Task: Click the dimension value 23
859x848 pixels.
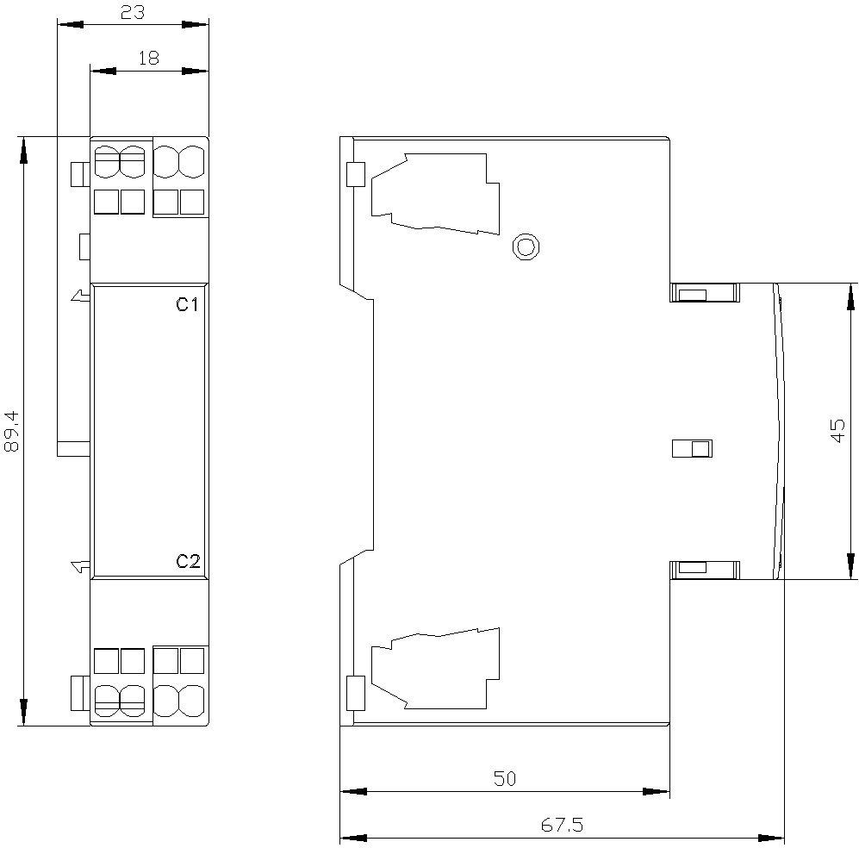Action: tap(133, 12)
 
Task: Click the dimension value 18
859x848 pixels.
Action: tap(148, 58)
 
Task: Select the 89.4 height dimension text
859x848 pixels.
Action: tap(11, 431)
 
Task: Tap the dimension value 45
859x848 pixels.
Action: tap(838, 431)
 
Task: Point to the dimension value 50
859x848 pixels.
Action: tap(505, 778)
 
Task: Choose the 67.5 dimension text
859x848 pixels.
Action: tap(562, 825)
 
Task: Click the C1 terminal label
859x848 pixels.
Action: tap(187, 304)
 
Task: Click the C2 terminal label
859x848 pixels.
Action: tap(188, 561)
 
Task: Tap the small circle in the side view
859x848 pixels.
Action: tap(526, 247)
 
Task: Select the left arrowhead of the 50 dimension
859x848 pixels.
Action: tap(353, 792)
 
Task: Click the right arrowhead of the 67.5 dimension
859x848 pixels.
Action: tap(771, 839)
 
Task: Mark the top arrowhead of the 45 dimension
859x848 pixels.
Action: tap(850, 296)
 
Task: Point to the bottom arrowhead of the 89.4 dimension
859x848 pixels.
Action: tap(23, 713)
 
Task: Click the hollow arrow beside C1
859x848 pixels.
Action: tap(80, 296)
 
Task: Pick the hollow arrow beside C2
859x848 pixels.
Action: tap(80, 567)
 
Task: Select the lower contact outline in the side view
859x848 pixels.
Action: tap(435, 668)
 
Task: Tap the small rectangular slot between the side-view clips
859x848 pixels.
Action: tap(693, 448)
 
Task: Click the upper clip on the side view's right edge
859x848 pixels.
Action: tap(705, 292)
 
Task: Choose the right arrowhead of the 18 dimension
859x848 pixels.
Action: tap(196, 72)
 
